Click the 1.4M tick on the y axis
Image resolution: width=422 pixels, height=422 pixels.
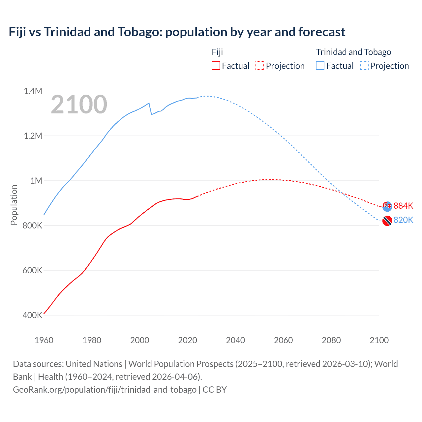point(33,91)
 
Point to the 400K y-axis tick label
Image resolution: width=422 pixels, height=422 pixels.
point(32,315)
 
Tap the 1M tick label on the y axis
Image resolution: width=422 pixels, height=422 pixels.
point(36,181)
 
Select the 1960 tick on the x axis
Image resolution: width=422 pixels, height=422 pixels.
point(44,340)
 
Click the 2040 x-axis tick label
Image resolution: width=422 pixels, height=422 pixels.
point(235,340)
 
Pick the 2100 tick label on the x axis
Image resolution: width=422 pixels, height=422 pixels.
point(379,340)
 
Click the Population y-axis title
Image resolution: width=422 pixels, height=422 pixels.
point(14,205)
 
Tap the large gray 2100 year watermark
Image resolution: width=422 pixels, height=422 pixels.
point(79,105)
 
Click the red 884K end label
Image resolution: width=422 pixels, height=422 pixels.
point(403,206)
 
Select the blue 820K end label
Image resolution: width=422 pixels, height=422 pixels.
point(403,220)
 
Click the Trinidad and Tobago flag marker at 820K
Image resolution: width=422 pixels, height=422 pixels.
point(387,221)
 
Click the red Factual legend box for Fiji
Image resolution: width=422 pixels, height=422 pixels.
point(216,66)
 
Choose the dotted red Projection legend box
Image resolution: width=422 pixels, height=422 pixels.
point(260,66)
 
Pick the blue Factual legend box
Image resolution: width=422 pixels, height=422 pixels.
point(320,66)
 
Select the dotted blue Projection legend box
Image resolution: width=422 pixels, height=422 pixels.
point(364,66)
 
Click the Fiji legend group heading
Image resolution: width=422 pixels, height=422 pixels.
point(217,52)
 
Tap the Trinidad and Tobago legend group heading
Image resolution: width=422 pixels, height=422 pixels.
point(353,52)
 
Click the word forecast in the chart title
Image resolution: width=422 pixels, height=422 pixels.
point(322,32)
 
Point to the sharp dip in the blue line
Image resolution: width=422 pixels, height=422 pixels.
point(151,114)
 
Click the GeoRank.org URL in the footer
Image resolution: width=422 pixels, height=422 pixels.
point(105,389)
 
